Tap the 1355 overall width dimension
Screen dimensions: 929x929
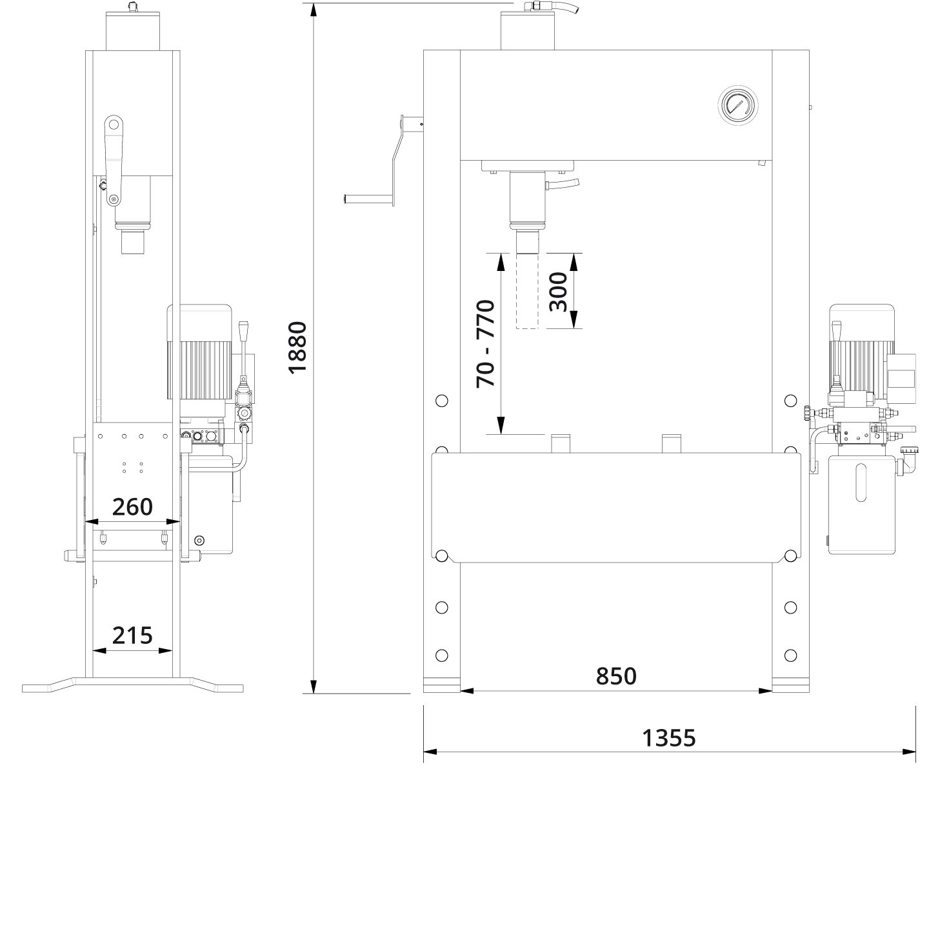668,738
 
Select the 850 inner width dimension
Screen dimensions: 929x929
616,676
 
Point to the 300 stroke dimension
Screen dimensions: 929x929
559,292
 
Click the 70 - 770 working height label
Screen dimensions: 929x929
486,344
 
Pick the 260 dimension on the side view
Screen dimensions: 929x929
132,506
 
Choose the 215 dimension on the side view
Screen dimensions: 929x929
132,635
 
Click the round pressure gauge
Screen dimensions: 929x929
737,106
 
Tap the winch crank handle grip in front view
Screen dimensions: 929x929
368,198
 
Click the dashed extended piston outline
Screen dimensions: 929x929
527,291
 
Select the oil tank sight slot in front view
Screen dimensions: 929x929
861,483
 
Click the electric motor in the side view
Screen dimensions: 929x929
199,352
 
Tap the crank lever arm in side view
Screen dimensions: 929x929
114,161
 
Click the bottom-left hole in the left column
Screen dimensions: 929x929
441,655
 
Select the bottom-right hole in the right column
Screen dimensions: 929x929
791,655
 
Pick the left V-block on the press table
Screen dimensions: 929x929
560,443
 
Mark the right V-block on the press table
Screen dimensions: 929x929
671,443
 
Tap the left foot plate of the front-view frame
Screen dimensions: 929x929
442,685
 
